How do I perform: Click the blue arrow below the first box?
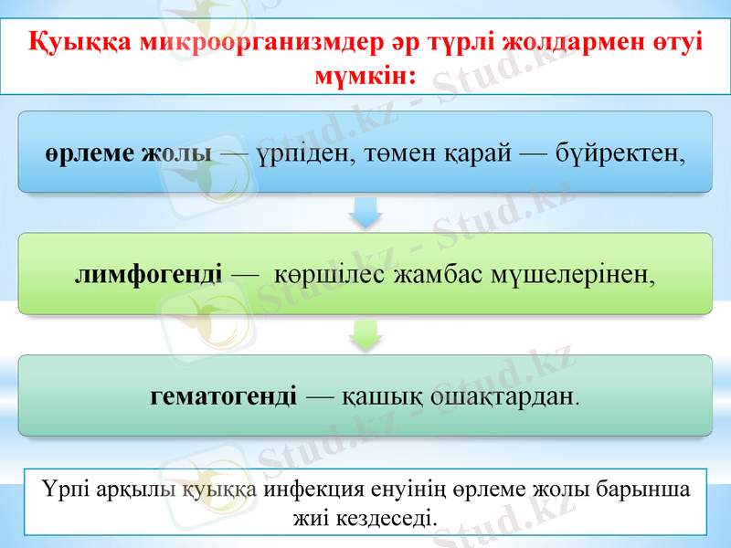click(365, 214)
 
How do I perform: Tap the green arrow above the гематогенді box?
click(365, 335)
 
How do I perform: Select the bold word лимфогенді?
click(148, 274)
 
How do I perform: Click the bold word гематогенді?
click(223, 396)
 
